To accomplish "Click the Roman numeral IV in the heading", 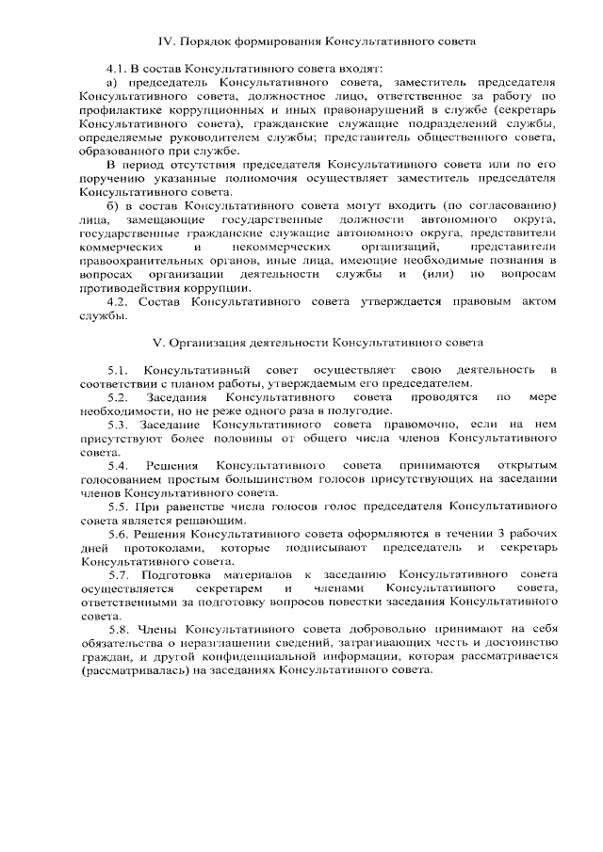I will point(165,42).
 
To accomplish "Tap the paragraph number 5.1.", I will point(119,369).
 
